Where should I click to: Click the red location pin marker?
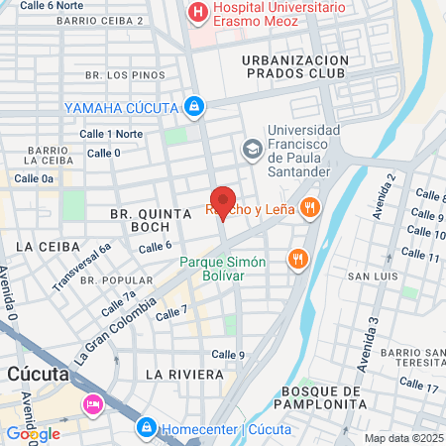223,202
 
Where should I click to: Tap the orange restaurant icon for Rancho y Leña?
310,207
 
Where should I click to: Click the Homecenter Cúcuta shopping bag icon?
146,427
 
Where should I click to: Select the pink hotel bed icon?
93,403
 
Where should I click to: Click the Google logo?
33,433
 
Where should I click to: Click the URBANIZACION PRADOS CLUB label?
296,67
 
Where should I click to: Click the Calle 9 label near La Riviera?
228,354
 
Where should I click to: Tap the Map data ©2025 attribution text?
403,438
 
